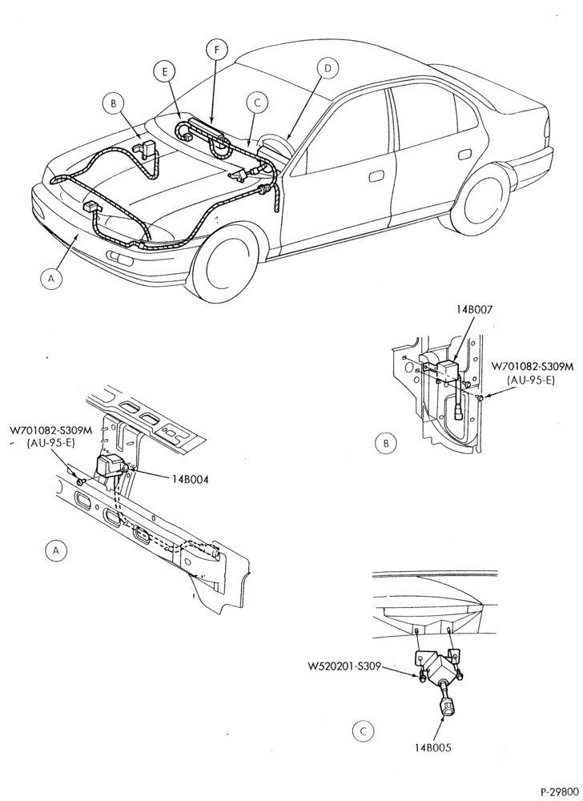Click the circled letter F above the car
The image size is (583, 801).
pos(217,49)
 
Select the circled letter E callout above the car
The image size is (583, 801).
pos(165,72)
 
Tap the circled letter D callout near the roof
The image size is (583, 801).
pos(328,68)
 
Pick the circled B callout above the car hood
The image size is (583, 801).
pos(114,103)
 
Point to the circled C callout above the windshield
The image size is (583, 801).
pos(257,103)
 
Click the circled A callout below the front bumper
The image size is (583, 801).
pos(50,279)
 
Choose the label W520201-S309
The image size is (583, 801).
pos(344,666)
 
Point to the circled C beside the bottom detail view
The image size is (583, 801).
pos(363,731)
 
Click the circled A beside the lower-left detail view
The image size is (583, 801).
pos(56,550)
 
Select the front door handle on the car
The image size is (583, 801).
pos(377,175)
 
